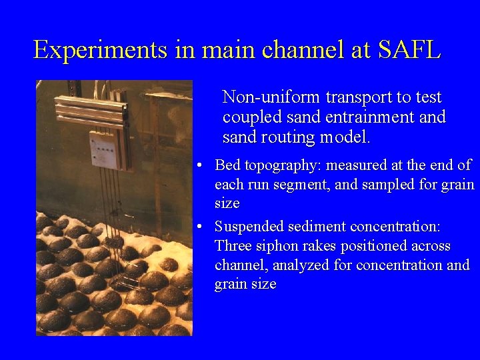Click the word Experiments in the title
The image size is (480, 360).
point(101,50)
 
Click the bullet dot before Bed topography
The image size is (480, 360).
point(200,165)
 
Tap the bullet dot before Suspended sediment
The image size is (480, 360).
point(200,227)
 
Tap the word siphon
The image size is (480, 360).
point(273,246)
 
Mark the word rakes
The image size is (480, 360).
point(313,246)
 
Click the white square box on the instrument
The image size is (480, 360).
point(105,148)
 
